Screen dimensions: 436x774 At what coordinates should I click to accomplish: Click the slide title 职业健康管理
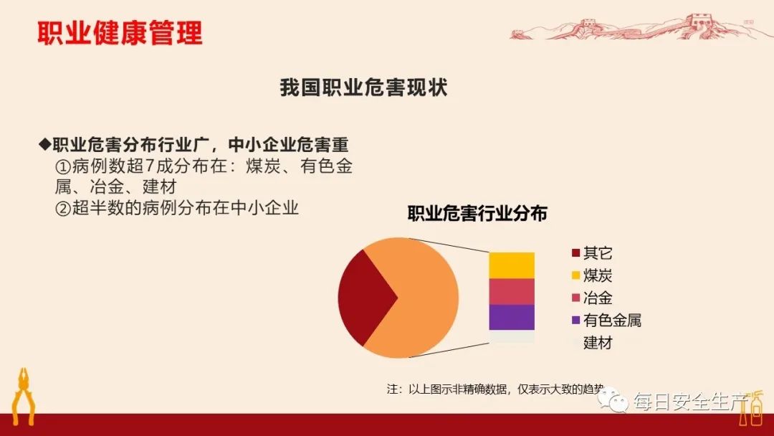(120, 33)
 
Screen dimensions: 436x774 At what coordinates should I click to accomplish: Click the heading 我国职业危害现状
(363, 88)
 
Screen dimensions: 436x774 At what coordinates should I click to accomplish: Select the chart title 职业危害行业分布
(477, 214)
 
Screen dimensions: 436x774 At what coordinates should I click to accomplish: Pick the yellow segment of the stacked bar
(512, 265)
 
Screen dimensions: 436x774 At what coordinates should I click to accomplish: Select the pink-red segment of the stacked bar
(512, 292)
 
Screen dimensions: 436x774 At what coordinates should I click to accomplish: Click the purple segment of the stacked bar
(512, 317)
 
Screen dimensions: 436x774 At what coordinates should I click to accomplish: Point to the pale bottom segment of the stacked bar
(512, 336)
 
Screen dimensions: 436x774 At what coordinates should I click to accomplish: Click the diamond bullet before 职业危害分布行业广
(45, 144)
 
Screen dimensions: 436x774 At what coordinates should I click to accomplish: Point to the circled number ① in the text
(63, 166)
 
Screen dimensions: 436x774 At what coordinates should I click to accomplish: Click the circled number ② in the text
(63, 209)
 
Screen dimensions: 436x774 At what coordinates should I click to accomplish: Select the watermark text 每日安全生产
(688, 402)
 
